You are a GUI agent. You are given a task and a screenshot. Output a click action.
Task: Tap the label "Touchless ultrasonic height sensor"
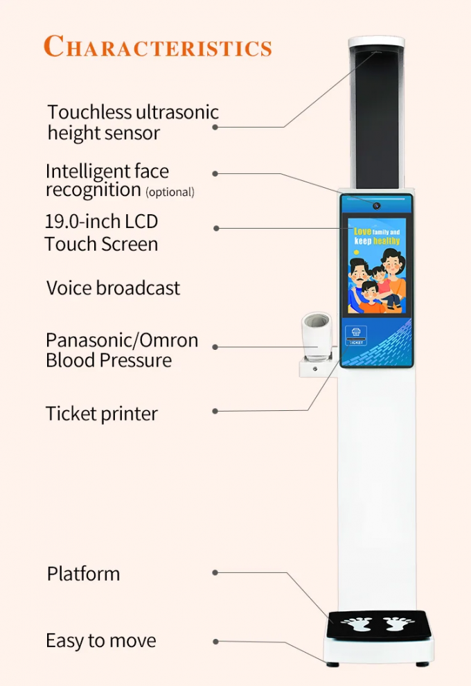click(x=132, y=122)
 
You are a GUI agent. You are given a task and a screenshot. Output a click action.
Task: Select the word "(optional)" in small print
click(x=170, y=192)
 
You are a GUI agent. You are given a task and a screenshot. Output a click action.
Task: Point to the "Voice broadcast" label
click(x=113, y=288)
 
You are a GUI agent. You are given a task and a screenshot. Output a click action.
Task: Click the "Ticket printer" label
click(x=102, y=414)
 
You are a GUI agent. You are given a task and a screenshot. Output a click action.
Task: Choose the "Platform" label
click(x=83, y=574)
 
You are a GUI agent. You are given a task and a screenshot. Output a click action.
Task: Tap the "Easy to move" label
click(x=101, y=641)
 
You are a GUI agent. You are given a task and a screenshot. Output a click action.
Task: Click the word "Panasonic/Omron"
click(x=122, y=340)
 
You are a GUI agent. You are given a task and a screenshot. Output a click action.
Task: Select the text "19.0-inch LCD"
click(x=101, y=222)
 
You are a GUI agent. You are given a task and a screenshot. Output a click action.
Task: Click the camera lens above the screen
click(x=377, y=206)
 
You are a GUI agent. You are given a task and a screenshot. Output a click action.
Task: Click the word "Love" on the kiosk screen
click(x=362, y=231)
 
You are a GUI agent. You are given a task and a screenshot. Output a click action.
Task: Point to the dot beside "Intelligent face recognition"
click(x=215, y=173)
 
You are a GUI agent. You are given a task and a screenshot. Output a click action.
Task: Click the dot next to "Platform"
click(x=215, y=573)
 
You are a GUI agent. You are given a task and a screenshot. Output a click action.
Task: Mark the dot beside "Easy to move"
click(x=215, y=642)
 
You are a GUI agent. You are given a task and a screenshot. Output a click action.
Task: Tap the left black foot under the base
click(x=333, y=665)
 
